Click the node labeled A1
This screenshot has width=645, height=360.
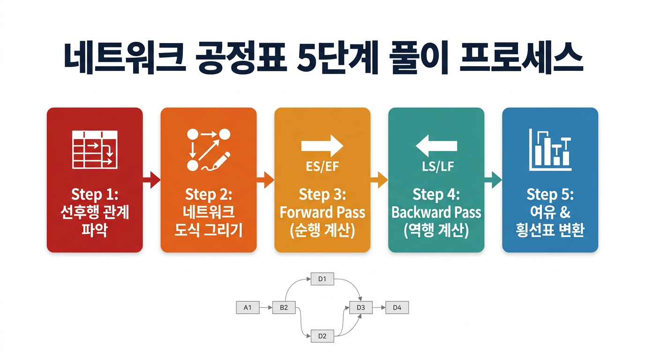[x=248, y=308]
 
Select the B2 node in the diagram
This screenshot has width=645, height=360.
[x=284, y=308]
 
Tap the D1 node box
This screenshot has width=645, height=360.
[x=322, y=280]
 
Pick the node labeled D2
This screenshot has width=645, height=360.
[x=322, y=336]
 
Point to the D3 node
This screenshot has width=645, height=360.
[x=360, y=308]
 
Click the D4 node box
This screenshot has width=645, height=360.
[x=397, y=308]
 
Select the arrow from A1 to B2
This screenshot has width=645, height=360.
[x=266, y=308]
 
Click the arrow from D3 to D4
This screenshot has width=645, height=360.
[x=379, y=308]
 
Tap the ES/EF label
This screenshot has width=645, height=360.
[x=322, y=166]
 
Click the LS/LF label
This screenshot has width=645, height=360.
[x=436, y=166]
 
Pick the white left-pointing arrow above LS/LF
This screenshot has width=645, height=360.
[x=436, y=146]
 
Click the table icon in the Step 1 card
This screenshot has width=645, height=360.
[x=95, y=150]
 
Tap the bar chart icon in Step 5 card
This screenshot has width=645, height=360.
[x=550, y=150]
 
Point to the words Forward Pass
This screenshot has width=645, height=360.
[x=322, y=212]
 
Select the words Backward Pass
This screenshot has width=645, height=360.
[x=436, y=212]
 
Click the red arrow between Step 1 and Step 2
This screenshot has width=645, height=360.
[x=151, y=180]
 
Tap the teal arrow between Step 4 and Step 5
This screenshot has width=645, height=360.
[x=493, y=180]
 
